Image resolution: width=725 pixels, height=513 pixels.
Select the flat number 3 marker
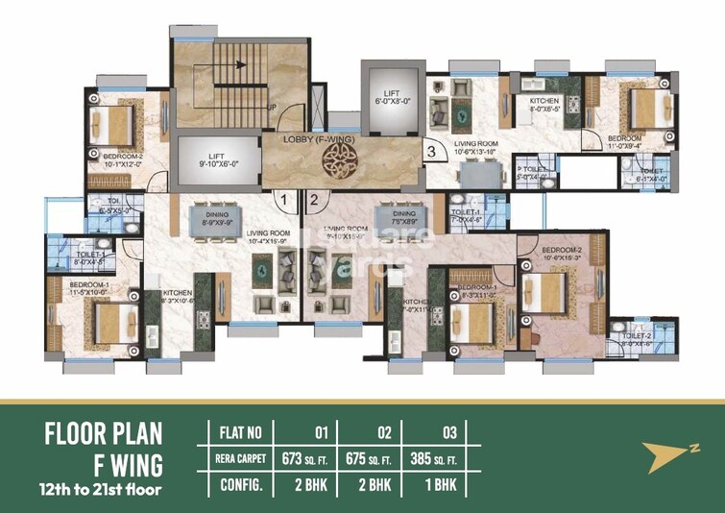[x=431, y=150]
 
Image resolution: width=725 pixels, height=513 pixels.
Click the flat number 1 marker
[x=283, y=200]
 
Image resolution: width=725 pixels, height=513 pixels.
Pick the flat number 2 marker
[x=314, y=200]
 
